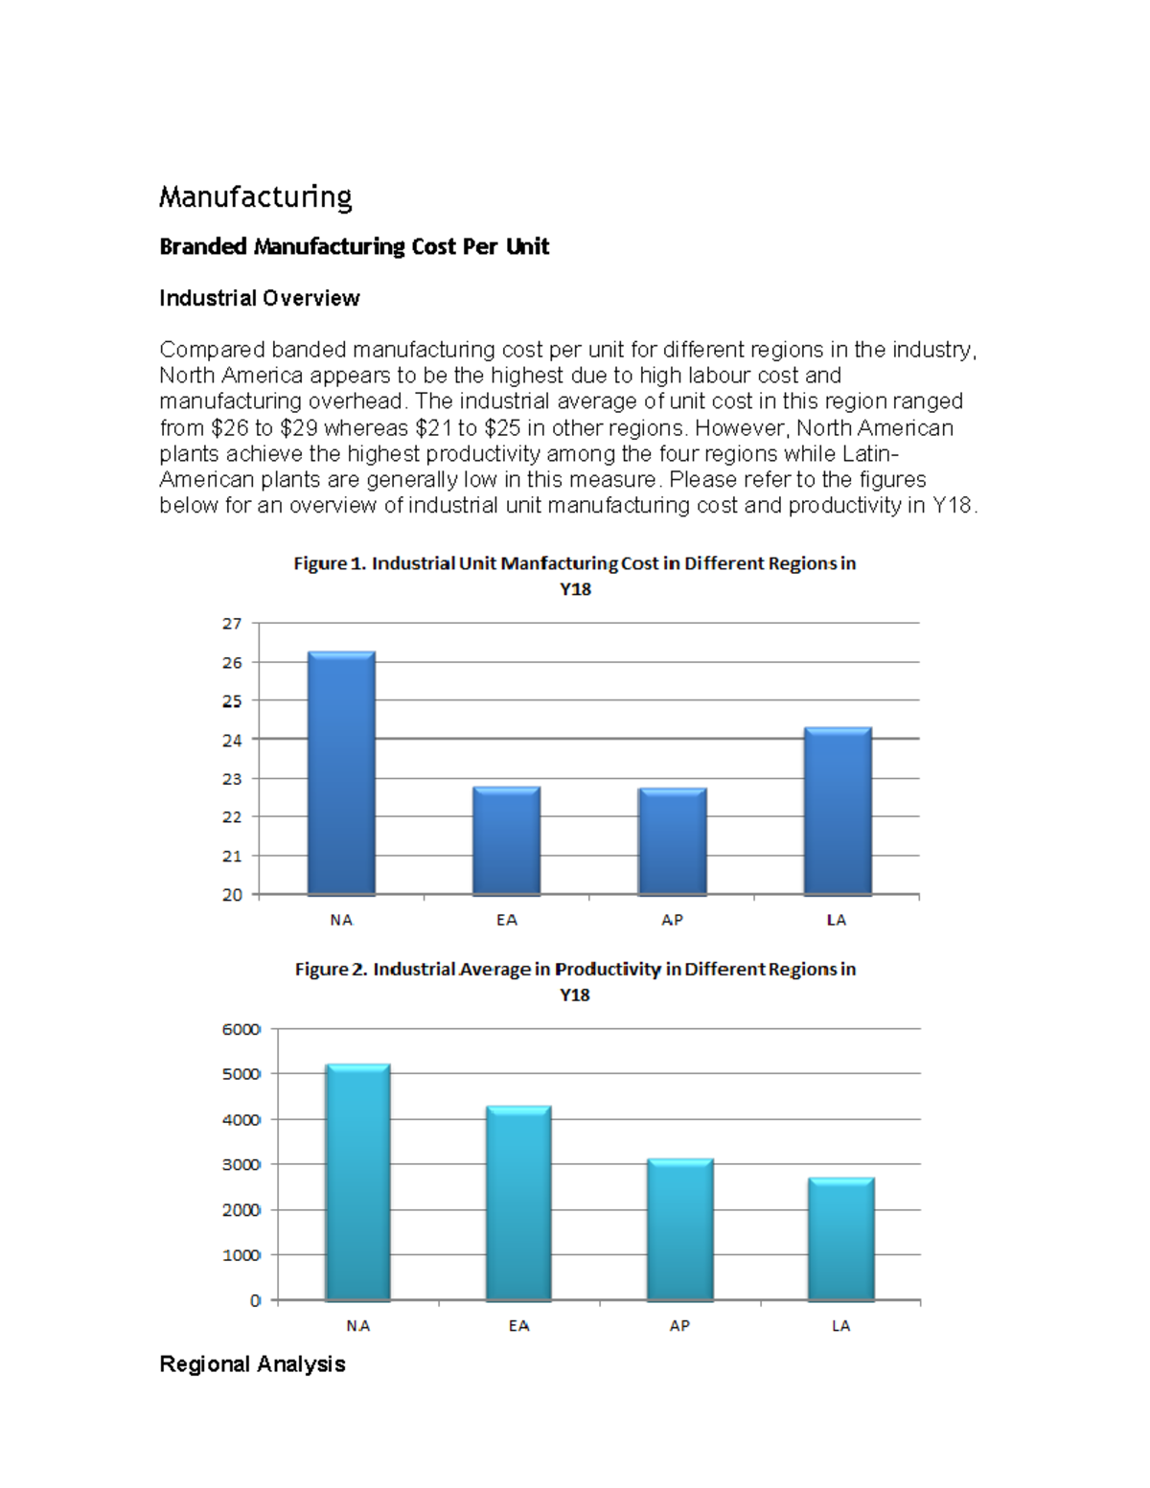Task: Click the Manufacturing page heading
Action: [255, 196]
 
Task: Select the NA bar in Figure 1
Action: [341, 774]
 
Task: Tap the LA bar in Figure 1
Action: [837, 812]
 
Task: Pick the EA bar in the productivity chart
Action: [518, 1203]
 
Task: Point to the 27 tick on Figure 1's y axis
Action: [232, 624]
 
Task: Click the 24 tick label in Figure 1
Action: [232, 740]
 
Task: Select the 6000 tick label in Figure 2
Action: [241, 1029]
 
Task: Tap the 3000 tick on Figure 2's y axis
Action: [241, 1164]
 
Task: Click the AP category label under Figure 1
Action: [672, 920]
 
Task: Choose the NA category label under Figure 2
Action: [357, 1326]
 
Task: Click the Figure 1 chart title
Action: [574, 575]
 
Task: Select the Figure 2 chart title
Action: [574, 981]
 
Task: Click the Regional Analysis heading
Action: [252, 1363]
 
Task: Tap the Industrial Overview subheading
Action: [259, 298]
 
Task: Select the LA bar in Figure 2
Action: [840, 1239]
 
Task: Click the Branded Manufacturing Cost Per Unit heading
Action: [354, 246]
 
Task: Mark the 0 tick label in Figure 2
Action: [255, 1300]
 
